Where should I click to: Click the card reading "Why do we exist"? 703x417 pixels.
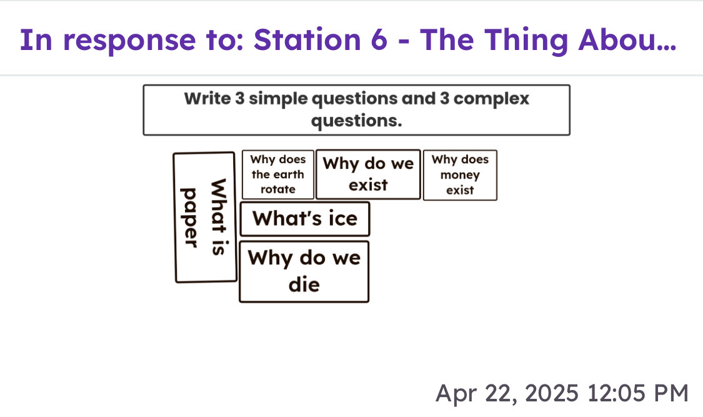(368, 174)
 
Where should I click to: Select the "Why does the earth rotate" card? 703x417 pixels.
(278, 174)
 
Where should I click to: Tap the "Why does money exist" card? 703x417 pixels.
(460, 175)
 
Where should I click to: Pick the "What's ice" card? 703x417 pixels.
(305, 219)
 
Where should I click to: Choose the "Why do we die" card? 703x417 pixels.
(304, 272)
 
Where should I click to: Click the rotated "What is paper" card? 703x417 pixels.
(205, 218)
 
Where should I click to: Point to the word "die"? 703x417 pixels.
(304, 284)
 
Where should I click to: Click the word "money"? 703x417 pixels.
(460, 175)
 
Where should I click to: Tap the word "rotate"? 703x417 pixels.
(278, 189)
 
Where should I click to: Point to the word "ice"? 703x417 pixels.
(343, 219)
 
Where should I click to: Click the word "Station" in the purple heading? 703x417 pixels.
(307, 40)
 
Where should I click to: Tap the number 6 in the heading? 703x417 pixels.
(379, 40)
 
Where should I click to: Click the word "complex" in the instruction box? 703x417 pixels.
(491, 99)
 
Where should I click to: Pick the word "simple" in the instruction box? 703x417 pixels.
(278, 99)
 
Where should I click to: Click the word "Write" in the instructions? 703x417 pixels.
(207, 98)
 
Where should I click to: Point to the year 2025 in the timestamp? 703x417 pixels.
(551, 393)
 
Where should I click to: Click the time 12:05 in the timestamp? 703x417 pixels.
(615, 393)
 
